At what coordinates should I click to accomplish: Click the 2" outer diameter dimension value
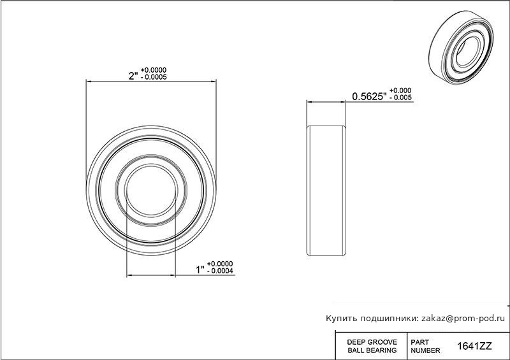(134, 76)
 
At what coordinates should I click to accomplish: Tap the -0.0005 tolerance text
(154, 77)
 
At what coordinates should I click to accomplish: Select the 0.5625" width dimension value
(369, 96)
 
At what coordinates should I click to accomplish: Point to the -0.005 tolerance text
(400, 97)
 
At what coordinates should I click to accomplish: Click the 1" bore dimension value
(200, 270)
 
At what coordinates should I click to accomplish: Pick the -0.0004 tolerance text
(220, 271)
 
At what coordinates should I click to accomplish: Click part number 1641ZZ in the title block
(474, 346)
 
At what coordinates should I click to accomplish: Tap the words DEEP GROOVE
(372, 342)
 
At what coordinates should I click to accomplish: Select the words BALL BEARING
(372, 350)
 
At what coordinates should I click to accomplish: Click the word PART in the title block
(419, 342)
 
